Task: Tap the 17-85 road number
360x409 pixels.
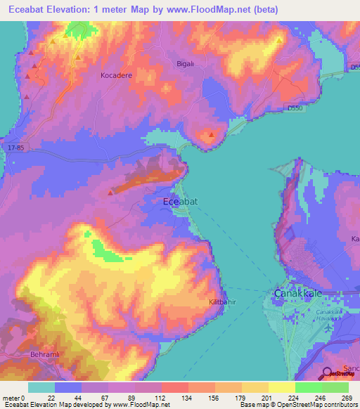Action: click(17, 148)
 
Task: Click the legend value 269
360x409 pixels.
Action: click(347, 398)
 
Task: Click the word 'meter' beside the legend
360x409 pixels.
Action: click(12, 398)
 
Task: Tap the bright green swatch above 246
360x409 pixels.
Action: click(308, 387)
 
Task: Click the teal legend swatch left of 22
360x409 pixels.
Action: click(41, 387)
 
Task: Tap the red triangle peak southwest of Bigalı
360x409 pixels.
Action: click(212, 134)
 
